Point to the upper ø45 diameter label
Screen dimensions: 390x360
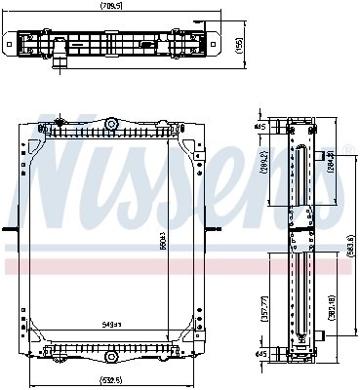pyautogui.click(x=261, y=128)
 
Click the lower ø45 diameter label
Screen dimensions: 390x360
pyautogui.click(x=261, y=354)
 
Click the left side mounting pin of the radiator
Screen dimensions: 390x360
pyautogui.click(x=9, y=231)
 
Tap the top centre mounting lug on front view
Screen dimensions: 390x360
pyautogui.click(x=113, y=125)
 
